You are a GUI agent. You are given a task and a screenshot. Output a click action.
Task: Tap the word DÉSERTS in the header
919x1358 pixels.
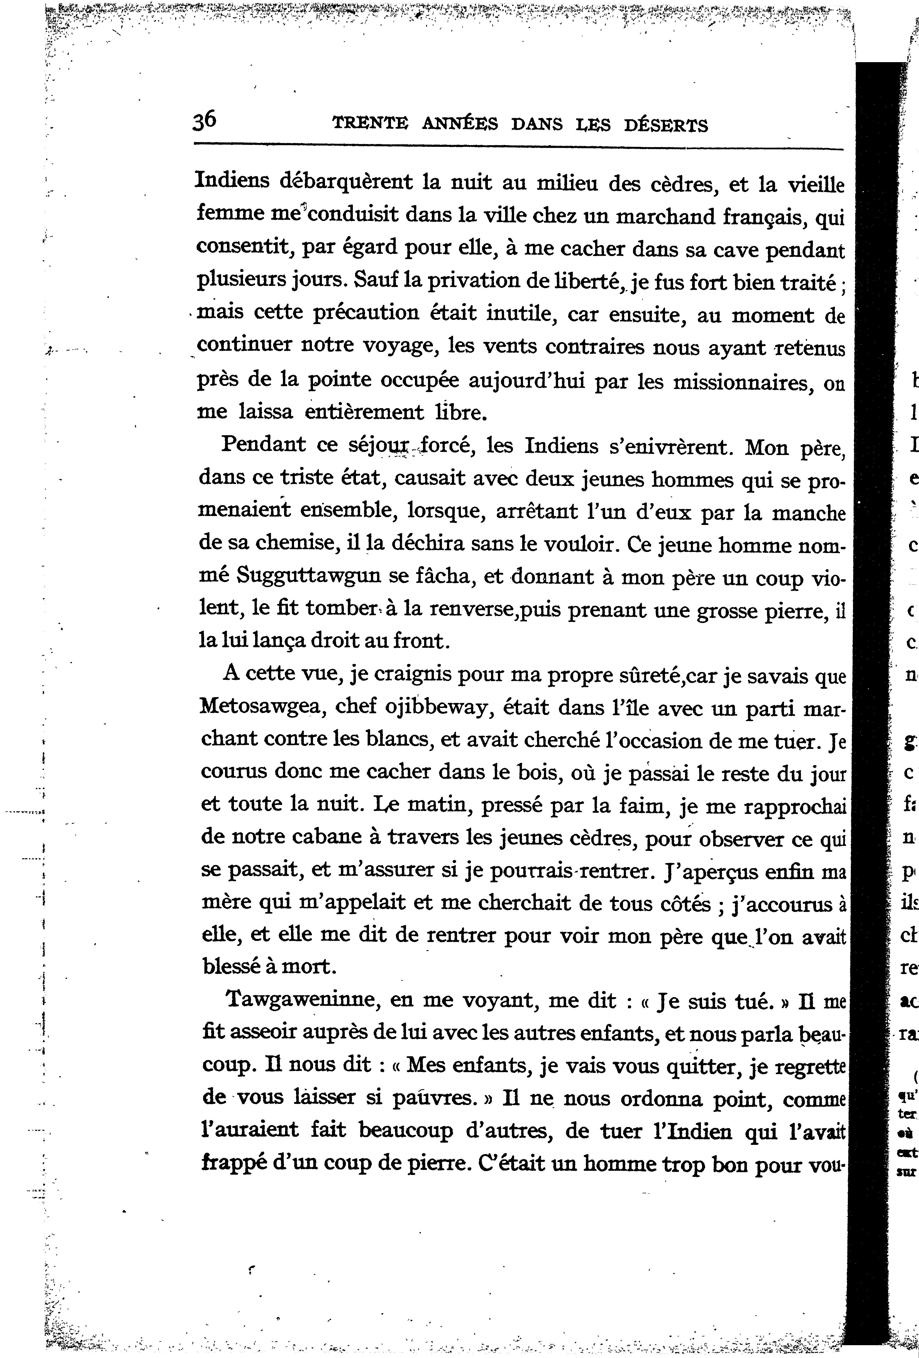tap(666, 125)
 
